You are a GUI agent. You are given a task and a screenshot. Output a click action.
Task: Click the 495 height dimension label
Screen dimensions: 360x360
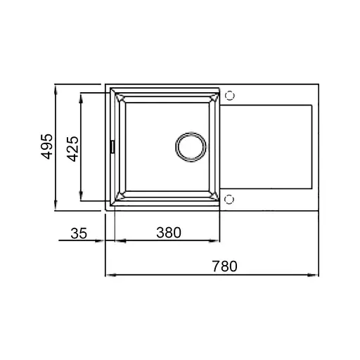coord(46,147)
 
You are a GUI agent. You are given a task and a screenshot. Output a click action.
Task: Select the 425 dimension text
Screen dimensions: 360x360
coord(72,148)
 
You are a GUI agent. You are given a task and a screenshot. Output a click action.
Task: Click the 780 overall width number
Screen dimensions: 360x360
coord(224,266)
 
